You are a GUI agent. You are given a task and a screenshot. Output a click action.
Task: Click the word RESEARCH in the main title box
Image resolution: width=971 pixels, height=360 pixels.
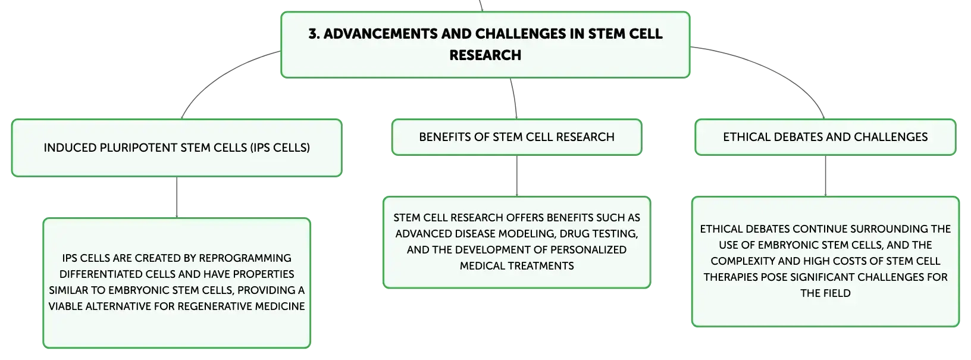pyautogui.click(x=485, y=55)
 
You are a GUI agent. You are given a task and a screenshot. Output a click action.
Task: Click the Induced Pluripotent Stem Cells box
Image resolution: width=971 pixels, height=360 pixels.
pyautogui.click(x=177, y=148)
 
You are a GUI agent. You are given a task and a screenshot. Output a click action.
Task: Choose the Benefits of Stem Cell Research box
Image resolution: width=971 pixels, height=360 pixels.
pyautogui.click(x=516, y=137)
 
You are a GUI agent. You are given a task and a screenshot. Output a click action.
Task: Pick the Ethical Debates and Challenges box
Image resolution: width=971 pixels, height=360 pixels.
pyautogui.click(x=825, y=137)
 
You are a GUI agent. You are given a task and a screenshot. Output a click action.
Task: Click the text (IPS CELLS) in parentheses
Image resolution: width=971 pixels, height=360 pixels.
pyautogui.click(x=280, y=148)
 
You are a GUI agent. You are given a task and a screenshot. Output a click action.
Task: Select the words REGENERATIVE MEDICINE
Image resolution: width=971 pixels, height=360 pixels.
pyautogui.click(x=242, y=306)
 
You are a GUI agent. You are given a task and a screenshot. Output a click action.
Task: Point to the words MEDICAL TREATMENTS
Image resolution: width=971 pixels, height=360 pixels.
pyautogui.click(x=516, y=266)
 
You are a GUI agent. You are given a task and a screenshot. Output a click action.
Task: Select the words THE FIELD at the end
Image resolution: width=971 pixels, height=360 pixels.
pyautogui.click(x=825, y=293)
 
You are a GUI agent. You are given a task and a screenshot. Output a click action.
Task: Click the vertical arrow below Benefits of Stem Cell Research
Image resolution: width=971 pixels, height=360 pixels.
pyautogui.click(x=516, y=176)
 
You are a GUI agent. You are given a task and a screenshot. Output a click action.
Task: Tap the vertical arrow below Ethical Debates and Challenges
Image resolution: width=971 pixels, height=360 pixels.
pyautogui.click(x=825, y=176)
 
